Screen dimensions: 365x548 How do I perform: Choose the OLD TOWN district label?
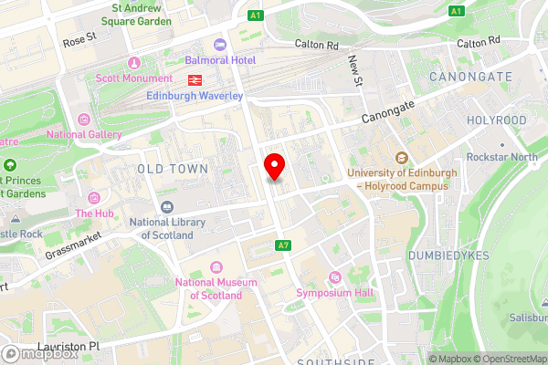pos(172,169)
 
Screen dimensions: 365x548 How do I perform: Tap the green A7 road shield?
pos(284,245)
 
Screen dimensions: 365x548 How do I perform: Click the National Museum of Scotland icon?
pos(216,266)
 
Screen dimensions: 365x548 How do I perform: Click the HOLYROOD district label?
pos(496,120)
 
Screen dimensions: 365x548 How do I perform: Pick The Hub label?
pos(94,213)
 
